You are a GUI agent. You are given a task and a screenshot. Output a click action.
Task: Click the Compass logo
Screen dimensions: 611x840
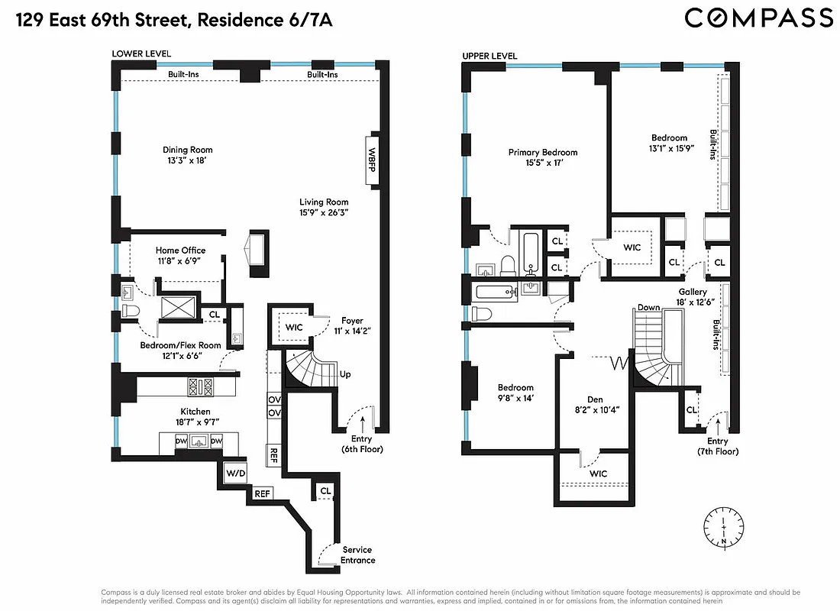[758, 18]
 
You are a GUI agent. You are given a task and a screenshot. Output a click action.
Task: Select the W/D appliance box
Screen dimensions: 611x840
[234, 474]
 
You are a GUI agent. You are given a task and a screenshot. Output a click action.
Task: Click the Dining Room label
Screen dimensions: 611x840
[187, 150]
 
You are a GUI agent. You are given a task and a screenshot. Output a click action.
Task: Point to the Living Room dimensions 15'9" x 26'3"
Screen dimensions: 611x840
[324, 213]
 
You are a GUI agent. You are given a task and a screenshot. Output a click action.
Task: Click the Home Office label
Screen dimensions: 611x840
[180, 251]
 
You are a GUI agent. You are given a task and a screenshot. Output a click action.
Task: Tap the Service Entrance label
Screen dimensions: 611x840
[357, 555]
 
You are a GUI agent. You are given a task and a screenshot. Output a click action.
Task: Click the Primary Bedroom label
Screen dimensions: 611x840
[543, 153]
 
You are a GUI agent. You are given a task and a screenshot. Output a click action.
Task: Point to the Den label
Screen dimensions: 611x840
[595, 399]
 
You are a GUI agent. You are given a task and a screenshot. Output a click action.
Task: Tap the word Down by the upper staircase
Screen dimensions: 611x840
[648, 308]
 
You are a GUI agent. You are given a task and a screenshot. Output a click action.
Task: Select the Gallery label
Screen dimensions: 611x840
[693, 292]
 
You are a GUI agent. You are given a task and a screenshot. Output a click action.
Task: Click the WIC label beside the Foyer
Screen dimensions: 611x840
[294, 328]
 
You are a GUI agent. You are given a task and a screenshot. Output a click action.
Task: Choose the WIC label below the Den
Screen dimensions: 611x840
[598, 474]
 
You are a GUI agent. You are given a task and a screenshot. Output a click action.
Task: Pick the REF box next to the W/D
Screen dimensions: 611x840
[263, 493]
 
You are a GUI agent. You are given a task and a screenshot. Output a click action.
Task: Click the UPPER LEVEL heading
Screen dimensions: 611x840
[489, 56]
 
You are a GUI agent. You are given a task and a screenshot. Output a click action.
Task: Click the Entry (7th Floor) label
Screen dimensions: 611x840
[717, 447]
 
